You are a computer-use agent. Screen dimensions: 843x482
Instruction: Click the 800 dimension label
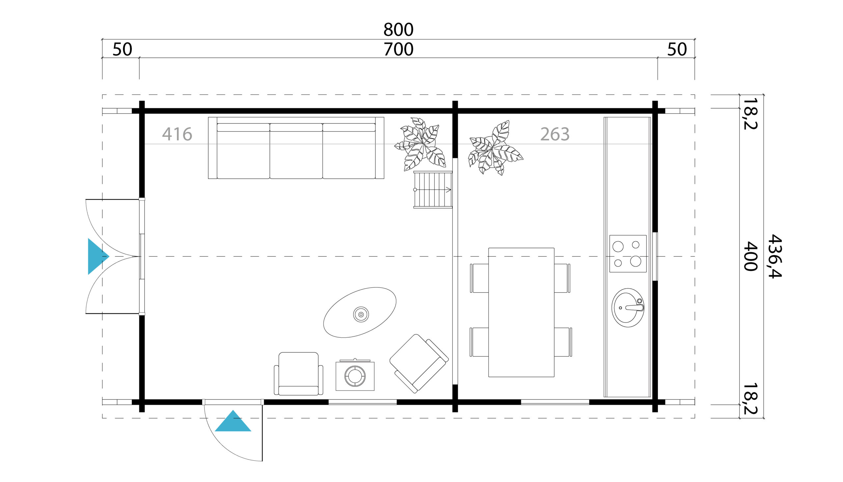pos(398,30)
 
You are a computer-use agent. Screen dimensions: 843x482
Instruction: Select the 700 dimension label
pos(398,50)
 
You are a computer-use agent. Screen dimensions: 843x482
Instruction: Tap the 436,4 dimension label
pos(775,256)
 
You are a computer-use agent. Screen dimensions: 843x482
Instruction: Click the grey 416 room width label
pos(177,134)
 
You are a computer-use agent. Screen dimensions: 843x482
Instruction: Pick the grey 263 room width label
pos(555,134)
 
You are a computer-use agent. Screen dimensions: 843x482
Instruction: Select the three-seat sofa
pos(296,148)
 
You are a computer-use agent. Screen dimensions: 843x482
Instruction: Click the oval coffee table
pos(360,312)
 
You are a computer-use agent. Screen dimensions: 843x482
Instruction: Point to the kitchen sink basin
pos(628,307)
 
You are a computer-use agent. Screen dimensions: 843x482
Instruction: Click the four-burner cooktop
pos(628,254)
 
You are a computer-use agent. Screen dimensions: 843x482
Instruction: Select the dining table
pos(521,312)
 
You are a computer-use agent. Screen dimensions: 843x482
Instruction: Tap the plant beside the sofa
pos(420,144)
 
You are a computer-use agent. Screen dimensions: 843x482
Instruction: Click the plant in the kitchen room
pos(495,148)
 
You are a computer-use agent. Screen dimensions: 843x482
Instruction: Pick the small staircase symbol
pos(433,190)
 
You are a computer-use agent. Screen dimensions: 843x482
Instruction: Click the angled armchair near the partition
pos(419,363)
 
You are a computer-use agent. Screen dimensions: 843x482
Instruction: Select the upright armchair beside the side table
pos(298,373)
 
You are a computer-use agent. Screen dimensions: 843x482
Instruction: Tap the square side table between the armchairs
pos(355,375)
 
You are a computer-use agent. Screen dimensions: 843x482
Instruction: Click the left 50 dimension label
pos(122,50)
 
